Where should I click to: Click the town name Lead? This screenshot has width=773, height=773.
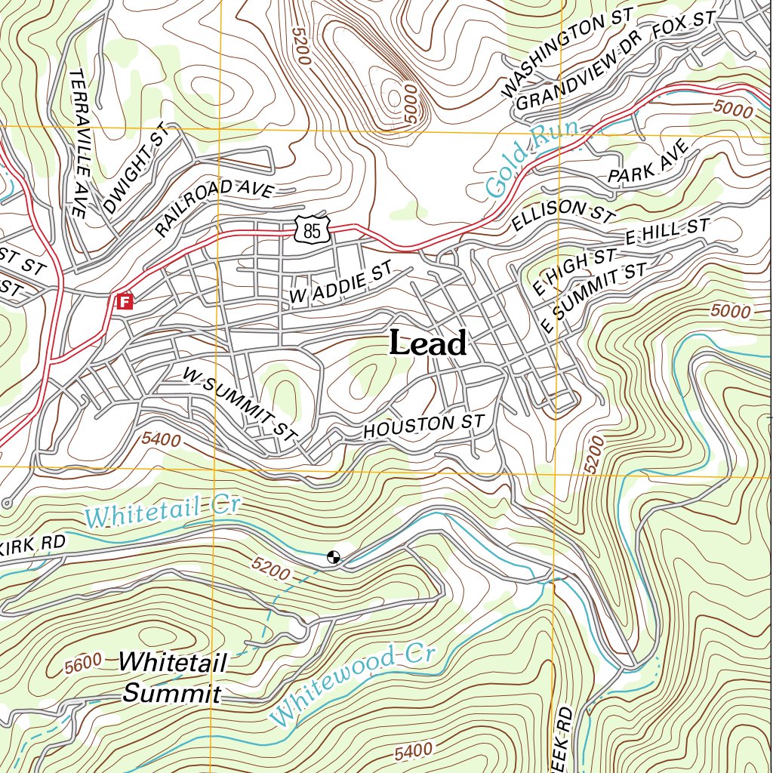click(428, 344)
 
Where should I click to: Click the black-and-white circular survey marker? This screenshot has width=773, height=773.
click(333, 558)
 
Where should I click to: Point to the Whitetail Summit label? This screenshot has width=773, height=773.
click(173, 677)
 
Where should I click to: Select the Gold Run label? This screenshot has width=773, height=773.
click(531, 159)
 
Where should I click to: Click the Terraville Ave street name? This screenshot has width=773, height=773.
click(79, 143)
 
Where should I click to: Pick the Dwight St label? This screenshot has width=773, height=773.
click(137, 169)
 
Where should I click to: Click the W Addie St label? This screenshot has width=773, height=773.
click(340, 284)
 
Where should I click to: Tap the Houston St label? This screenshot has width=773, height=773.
click(423, 426)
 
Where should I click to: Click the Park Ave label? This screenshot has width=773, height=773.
click(648, 162)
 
